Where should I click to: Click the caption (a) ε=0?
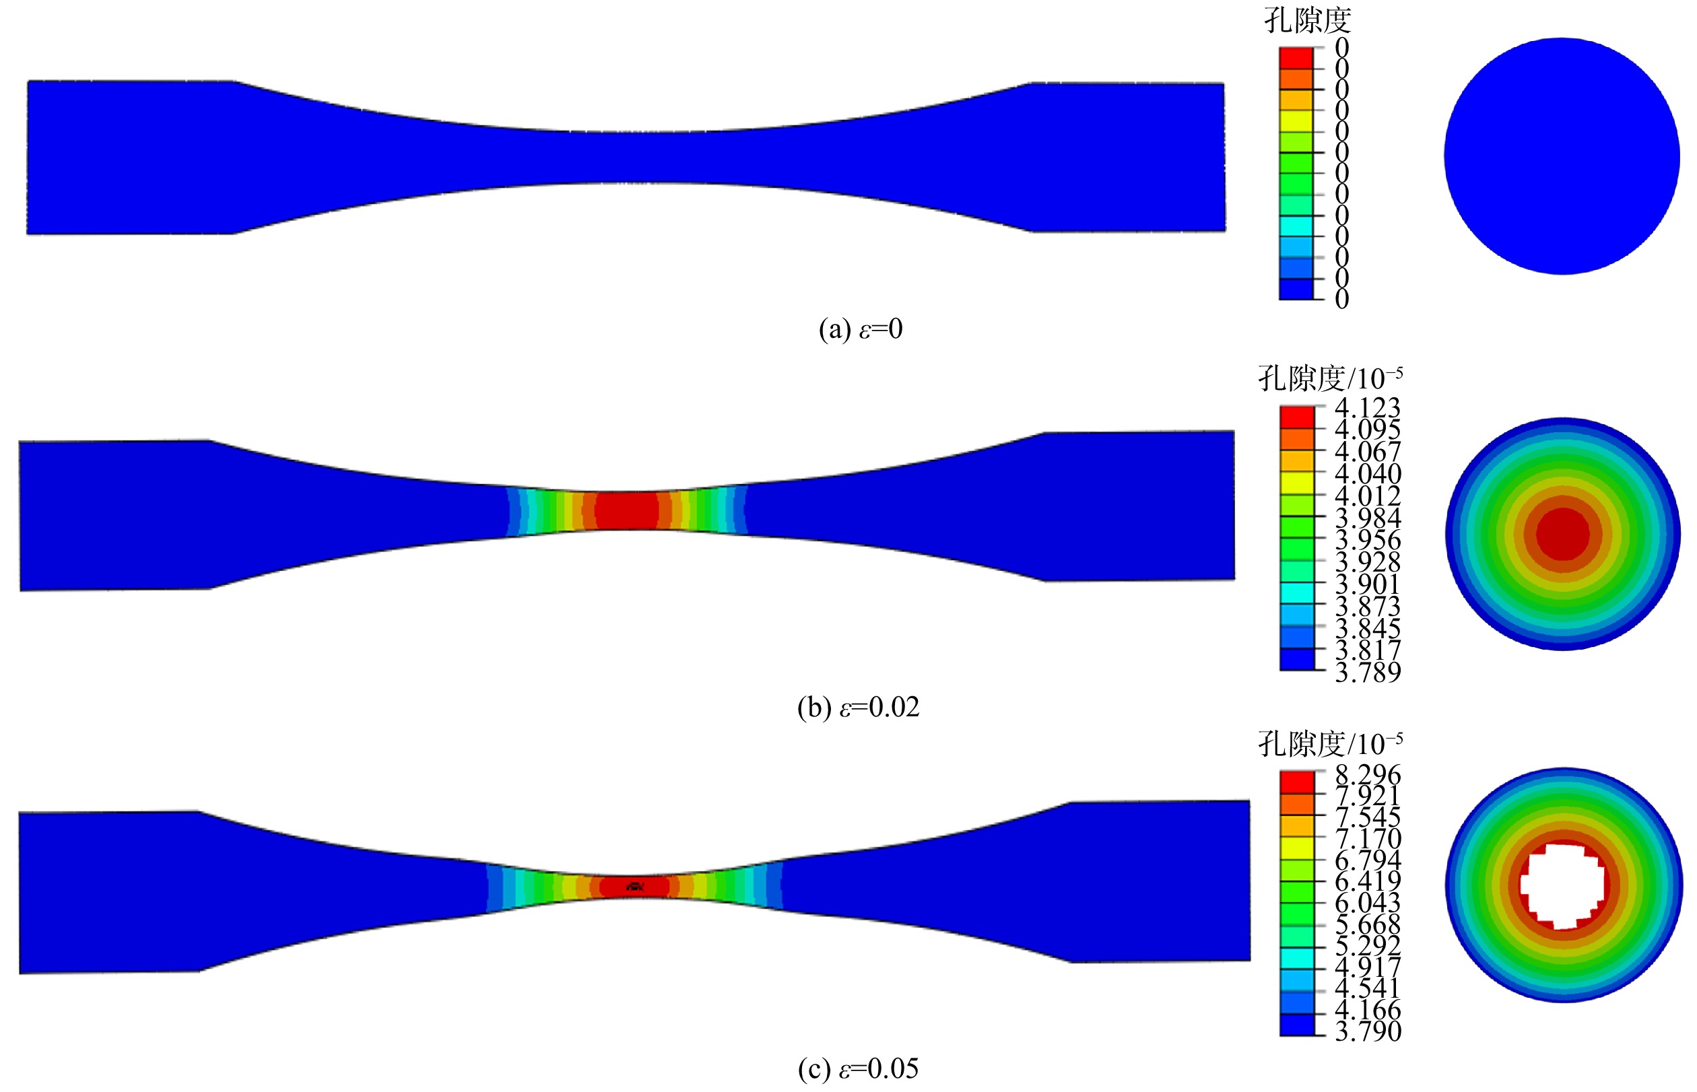tap(860, 329)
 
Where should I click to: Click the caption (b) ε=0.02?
tap(858, 707)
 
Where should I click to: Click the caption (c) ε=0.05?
tap(858, 1068)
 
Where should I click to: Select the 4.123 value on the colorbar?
tap(1367, 408)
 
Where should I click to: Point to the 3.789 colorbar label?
tap(1367, 671)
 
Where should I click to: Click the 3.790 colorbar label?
tap(1367, 1030)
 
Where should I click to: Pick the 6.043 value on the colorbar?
tap(1367, 902)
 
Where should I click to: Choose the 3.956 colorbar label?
tap(1367, 540)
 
